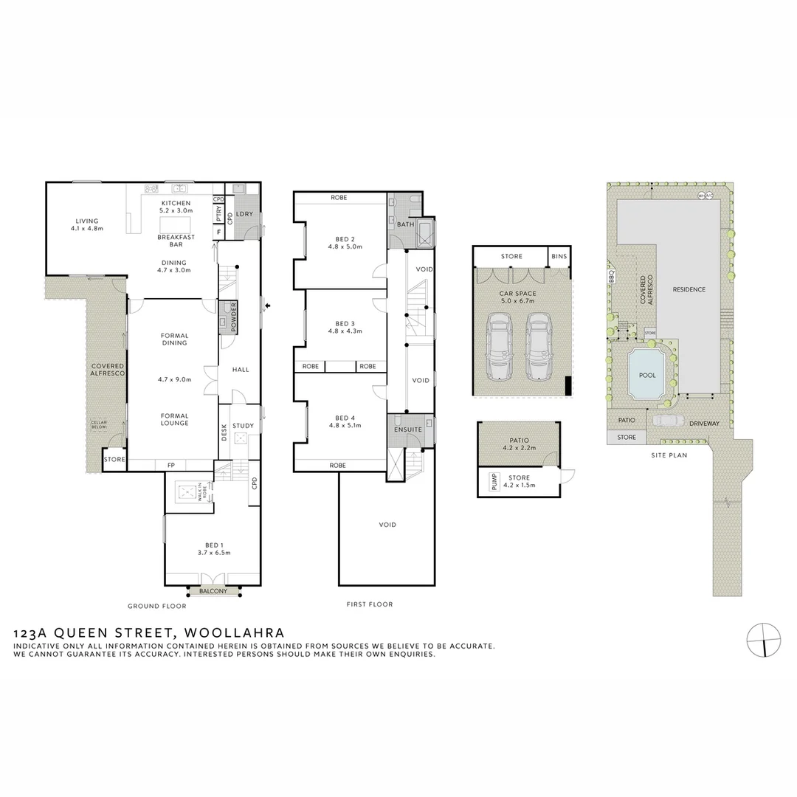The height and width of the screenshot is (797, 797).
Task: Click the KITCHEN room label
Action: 176,203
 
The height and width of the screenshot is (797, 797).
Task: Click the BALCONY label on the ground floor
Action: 213,591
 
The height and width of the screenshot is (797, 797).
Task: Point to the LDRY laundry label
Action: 246,214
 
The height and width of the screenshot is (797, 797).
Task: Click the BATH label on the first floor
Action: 405,224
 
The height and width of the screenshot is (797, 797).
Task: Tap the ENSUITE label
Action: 408,429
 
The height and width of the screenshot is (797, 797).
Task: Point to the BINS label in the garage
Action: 559,257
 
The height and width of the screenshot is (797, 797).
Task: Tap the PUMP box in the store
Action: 494,482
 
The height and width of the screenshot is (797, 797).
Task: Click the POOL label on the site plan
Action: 647,375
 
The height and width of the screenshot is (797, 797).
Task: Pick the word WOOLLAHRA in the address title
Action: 234,632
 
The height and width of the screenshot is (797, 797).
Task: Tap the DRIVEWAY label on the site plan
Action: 705,423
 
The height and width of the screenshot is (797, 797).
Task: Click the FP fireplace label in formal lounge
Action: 170,465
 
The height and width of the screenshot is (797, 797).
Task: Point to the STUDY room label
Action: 243,426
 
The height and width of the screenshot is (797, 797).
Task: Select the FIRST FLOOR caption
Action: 370,604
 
